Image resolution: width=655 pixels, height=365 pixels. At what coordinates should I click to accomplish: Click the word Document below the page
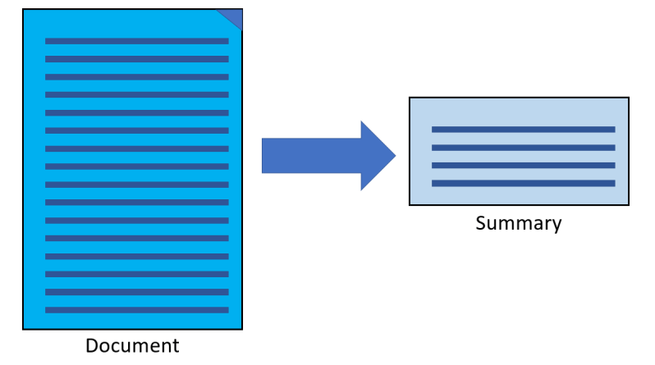tap(132, 345)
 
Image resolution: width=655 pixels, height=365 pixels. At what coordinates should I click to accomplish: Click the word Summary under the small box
tap(519, 223)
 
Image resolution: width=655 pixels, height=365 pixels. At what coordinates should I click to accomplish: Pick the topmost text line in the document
tap(136, 40)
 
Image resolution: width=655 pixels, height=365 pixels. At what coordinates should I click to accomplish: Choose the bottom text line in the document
tap(136, 310)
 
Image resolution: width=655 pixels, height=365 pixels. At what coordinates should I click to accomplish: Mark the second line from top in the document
tap(136, 58)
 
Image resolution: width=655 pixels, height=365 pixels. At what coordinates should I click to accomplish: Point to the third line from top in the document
tap(136, 76)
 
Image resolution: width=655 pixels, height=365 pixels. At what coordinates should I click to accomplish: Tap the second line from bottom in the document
tap(136, 292)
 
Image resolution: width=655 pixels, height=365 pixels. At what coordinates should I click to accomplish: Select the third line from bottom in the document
tap(136, 274)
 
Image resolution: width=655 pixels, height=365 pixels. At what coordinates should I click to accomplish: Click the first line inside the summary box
tap(523, 130)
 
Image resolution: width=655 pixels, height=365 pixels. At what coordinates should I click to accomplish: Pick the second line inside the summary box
tap(523, 148)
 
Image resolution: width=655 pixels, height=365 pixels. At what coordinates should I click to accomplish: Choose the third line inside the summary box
tap(523, 166)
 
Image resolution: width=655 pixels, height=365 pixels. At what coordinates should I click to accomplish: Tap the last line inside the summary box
tap(523, 184)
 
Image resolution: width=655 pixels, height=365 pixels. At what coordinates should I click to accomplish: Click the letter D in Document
tap(92, 345)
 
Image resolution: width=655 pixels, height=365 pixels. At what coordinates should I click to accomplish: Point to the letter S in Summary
tap(481, 223)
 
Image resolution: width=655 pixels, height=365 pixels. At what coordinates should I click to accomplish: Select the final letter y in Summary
tap(557, 226)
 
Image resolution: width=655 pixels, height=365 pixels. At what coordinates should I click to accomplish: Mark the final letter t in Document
tap(175, 345)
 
